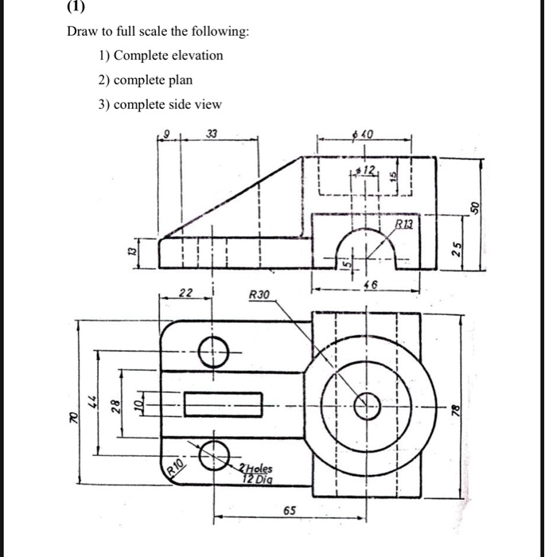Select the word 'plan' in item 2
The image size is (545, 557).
[x=179, y=80]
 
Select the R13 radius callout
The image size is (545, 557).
[x=407, y=225]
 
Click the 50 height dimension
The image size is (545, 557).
[x=477, y=207]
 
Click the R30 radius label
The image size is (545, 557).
[x=260, y=294]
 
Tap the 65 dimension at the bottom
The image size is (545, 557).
[x=290, y=510]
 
